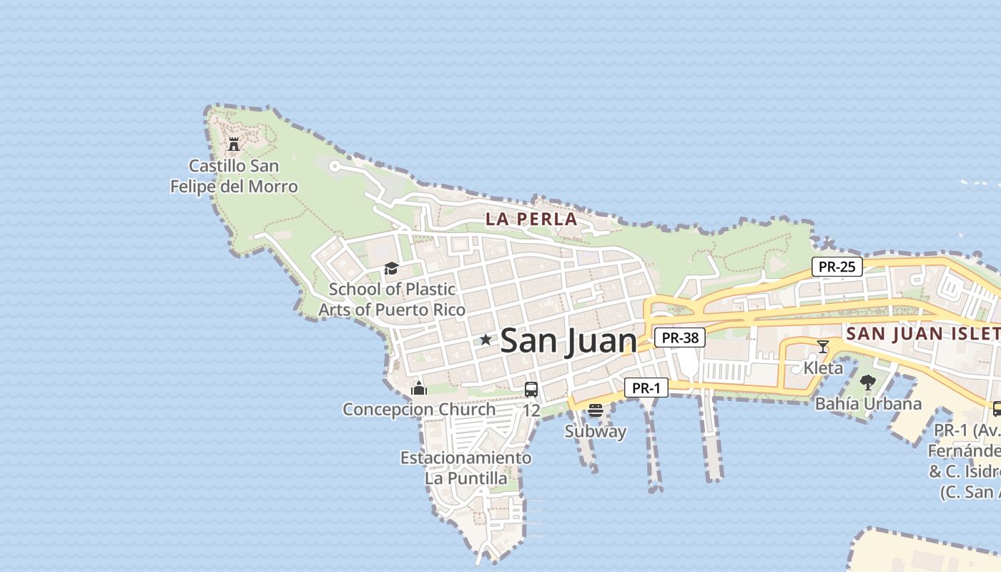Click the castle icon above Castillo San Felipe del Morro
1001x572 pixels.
[233, 144]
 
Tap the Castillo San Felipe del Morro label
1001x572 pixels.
[234, 177]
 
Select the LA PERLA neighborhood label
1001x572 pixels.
[531, 220]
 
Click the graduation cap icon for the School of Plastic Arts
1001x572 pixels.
[391, 269]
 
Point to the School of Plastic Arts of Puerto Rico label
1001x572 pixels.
[392, 300]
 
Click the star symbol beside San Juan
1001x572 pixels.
[485, 340]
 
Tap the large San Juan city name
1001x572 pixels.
[568, 341]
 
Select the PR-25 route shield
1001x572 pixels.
[837, 267]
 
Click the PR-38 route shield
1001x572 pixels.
[680, 337]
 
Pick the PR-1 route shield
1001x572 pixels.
[646, 388]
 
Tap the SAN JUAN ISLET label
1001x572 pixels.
[922, 333]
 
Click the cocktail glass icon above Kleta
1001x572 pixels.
[823, 347]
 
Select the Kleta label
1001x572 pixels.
[823, 368]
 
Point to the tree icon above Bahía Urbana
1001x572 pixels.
[868, 383]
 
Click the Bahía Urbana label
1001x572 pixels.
[868, 403]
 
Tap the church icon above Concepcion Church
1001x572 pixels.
[419, 388]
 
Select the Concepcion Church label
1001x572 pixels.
[419, 410]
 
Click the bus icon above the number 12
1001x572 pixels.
[531, 390]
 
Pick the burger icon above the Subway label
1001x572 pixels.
[596, 410]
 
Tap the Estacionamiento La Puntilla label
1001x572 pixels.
[466, 468]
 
